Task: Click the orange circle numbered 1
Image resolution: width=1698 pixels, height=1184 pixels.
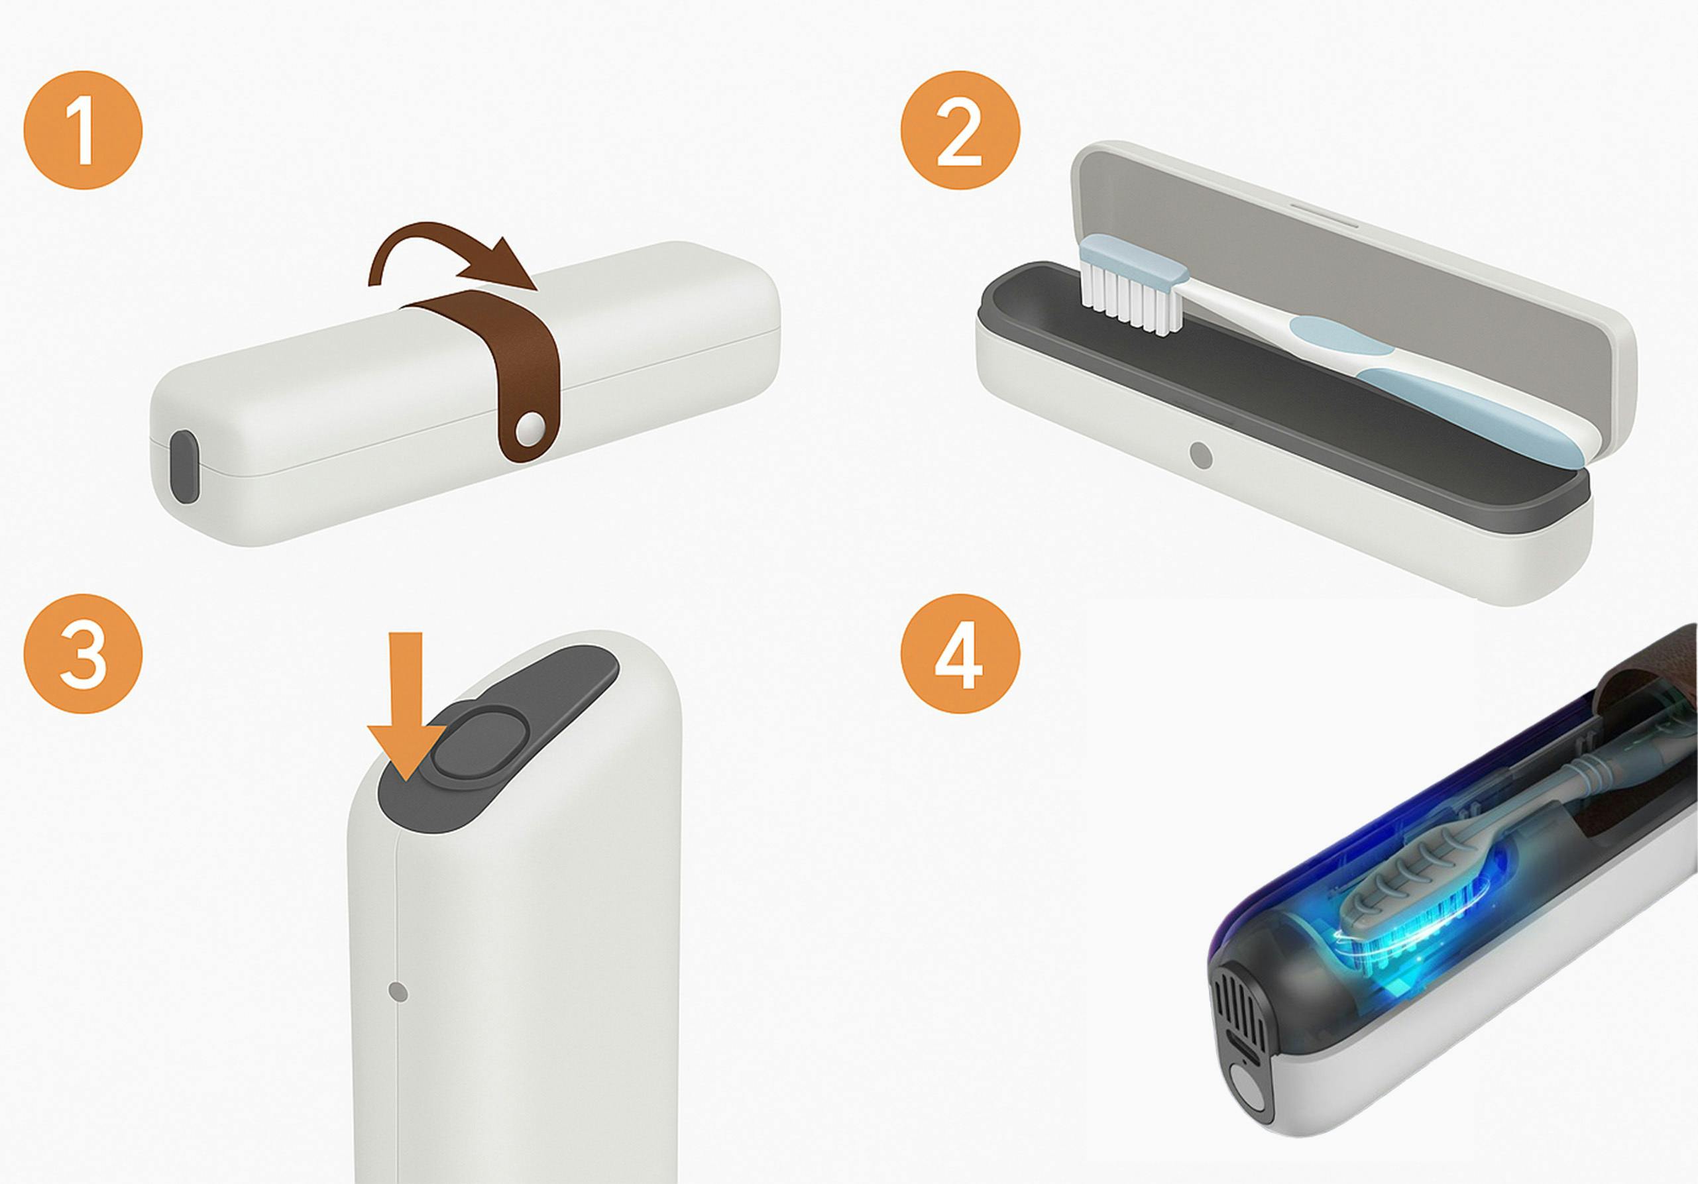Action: click(83, 129)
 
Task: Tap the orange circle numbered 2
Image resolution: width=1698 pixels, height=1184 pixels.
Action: click(960, 129)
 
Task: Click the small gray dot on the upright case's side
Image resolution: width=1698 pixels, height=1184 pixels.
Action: click(398, 992)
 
